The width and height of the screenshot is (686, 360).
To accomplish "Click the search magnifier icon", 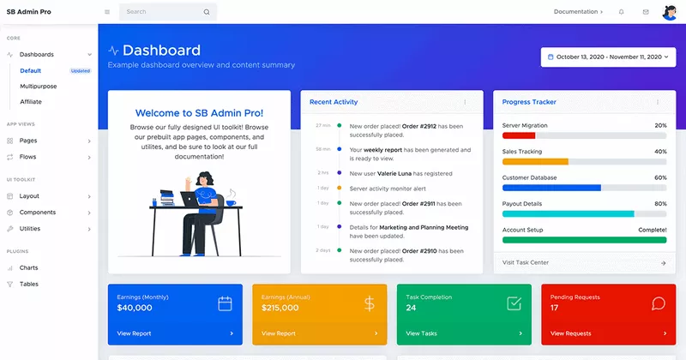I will [206, 12].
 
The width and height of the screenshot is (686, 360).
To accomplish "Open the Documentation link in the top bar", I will [578, 12].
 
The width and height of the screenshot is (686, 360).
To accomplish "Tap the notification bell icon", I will [621, 12].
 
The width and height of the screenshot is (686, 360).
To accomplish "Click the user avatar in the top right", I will [669, 12].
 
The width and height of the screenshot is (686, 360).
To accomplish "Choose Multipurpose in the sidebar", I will [38, 86].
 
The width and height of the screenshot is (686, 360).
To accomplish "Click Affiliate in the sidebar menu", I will [31, 101].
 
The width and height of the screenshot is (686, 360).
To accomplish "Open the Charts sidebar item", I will [29, 268].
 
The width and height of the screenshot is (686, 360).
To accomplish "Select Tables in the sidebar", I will [29, 284].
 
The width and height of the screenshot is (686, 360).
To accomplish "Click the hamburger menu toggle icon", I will [107, 12].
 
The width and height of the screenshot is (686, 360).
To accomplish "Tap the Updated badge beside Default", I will [81, 70].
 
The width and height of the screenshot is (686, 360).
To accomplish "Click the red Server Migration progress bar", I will [519, 135].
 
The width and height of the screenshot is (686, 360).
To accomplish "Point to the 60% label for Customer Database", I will [660, 177].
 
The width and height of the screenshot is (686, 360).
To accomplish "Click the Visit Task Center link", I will [526, 262].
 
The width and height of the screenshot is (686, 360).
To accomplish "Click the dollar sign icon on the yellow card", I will [369, 303].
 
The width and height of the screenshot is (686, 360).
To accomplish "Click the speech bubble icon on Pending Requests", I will [659, 303].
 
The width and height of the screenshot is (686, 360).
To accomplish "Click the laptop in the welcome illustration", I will [186, 198].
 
